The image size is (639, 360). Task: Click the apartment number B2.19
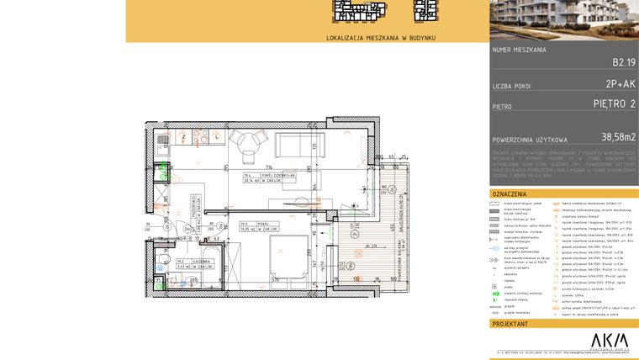pos(624,61)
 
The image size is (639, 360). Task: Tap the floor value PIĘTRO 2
pos(614,104)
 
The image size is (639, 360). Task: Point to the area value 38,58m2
pos(618,137)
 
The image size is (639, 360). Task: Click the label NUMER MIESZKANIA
pos(520,50)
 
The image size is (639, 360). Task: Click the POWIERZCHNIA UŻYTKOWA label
pos(530,140)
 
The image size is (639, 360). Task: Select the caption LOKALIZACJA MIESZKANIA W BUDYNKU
pos(381,38)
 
